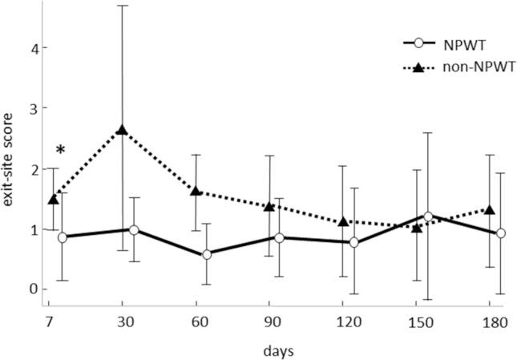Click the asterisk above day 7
click(x=60, y=150)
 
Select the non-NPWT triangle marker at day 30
click(x=122, y=130)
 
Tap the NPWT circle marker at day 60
click(x=208, y=254)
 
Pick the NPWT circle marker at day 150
click(x=428, y=216)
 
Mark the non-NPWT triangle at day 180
click(x=490, y=210)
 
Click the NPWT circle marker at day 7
click(x=63, y=237)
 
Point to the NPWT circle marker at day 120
click(x=353, y=242)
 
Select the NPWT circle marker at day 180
click(x=501, y=233)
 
